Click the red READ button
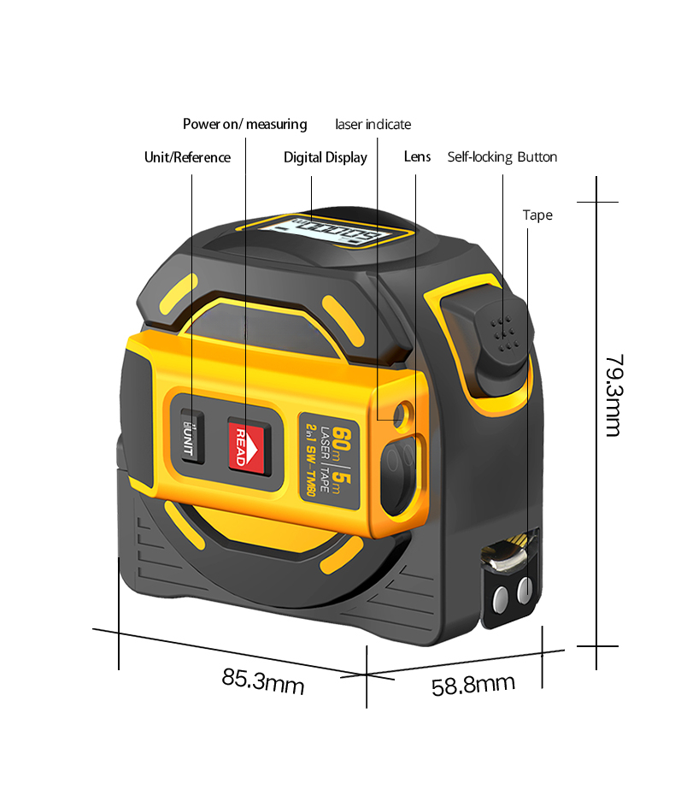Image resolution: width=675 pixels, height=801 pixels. pos(244,445)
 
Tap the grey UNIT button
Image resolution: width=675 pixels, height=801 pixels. pos(191,439)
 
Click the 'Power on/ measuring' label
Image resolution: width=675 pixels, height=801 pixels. pos(244,125)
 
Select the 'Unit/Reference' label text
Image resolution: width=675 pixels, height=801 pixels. pos(187,157)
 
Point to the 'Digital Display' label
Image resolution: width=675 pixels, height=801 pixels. pos(326,157)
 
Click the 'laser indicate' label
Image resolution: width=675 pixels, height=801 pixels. pos(373,125)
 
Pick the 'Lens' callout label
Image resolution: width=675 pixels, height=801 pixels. pos(417,157)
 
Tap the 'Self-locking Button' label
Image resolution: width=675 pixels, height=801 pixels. pos(502,157)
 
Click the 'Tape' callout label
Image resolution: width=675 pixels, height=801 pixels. pos(537,215)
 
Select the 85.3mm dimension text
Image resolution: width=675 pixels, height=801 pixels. pos(263,681)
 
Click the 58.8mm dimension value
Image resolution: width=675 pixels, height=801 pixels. pos(472,684)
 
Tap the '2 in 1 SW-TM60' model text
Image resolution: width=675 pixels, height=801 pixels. pos(311,462)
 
